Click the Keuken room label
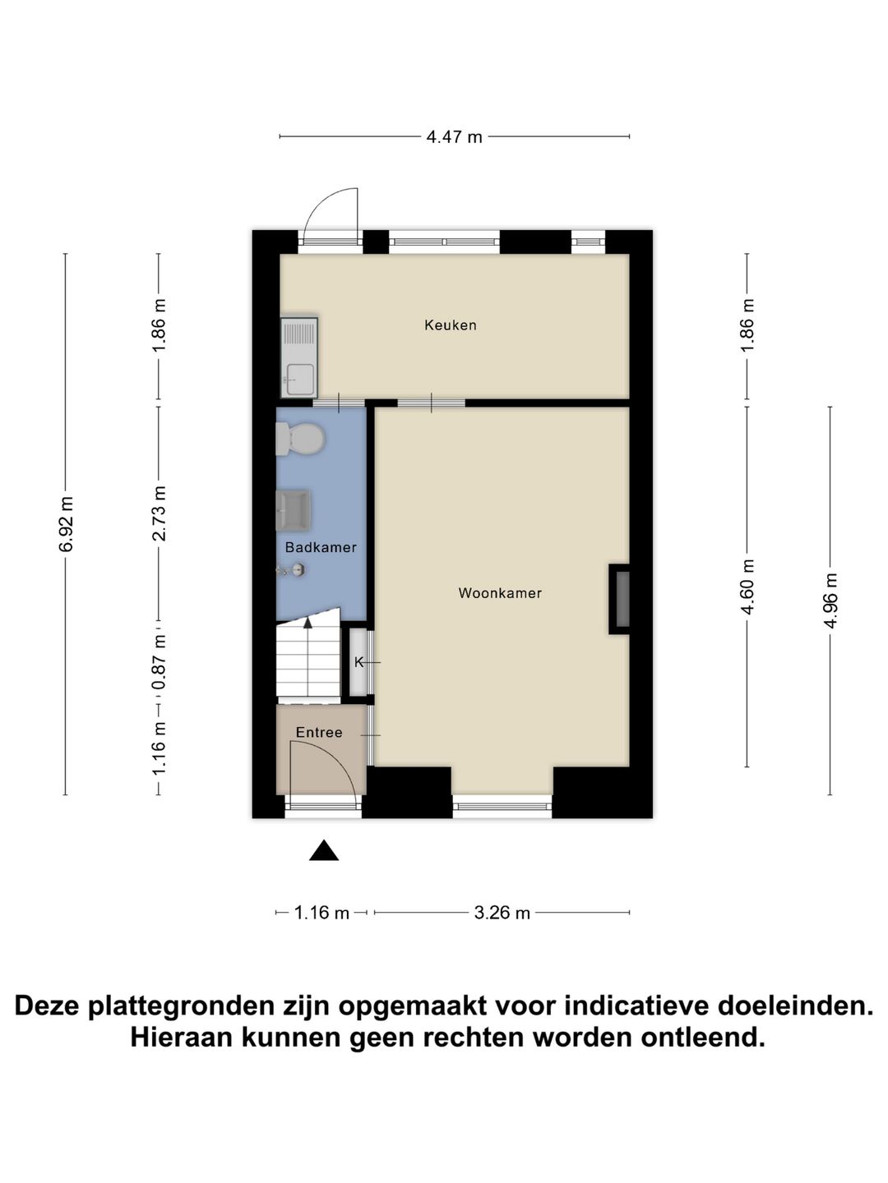[x=450, y=325]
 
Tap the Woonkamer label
[x=500, y=593]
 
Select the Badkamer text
[x=321, y=547]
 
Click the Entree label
[x=319, y=733]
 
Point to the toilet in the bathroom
[x=300, y=439]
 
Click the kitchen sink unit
[x=298, y=358]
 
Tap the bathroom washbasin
[x=294, y=509]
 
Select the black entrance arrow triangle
[x=324, y=852]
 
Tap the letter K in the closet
[x=358, y=662]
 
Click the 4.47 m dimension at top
[x=454, y=137]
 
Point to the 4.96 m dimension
[x=830, y=601]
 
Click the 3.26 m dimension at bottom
[x=502, y=913]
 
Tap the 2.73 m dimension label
[x=160, y=513]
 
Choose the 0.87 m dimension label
[x=160, y=662]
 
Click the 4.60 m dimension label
[x=747, y=587]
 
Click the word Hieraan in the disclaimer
[x=180, y=1038]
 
